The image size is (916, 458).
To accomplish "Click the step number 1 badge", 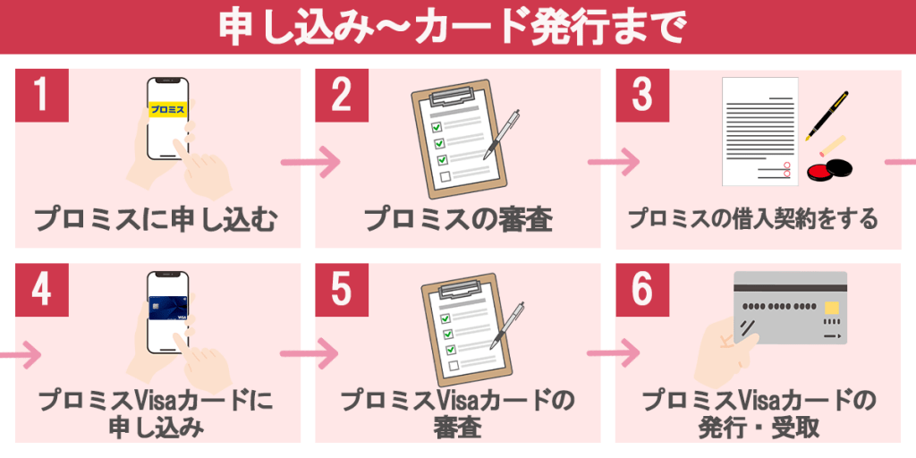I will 42,96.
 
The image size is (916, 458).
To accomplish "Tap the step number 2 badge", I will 342,96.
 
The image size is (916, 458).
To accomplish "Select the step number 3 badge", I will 641,96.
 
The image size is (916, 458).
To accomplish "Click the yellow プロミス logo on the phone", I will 167,110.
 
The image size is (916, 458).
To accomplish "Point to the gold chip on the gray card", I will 831,308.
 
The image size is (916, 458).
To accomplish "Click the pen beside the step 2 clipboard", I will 502,135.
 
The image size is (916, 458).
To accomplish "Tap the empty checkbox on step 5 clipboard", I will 446,366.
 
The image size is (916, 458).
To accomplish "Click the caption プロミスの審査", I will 457,219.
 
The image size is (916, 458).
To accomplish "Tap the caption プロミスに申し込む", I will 156,219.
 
